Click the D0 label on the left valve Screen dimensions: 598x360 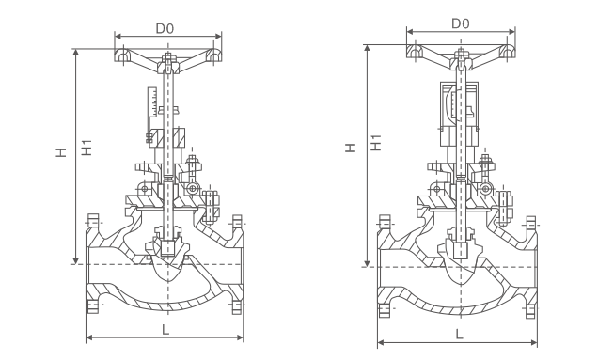[165, 28]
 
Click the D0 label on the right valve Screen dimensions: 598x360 [461, 24]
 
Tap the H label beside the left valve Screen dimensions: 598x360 [61, 152]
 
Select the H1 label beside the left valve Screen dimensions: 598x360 [87, 148]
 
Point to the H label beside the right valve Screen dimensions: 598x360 [350, 148]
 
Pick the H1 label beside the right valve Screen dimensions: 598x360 [376, 143]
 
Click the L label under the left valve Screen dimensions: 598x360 [165, 330]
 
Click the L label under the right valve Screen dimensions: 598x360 [460, 335]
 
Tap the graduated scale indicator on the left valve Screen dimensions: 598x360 [152, 102]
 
